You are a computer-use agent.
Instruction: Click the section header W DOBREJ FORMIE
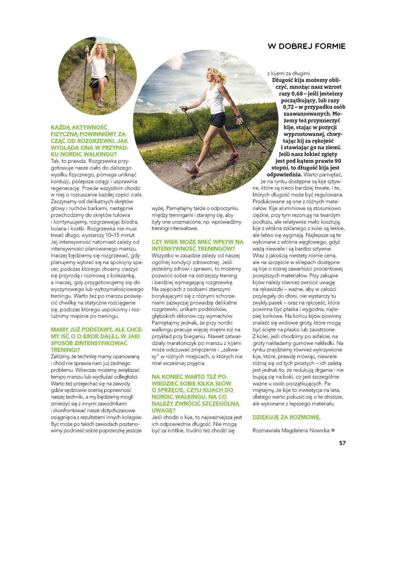point(306,46)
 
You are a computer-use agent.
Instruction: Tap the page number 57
point(342,443)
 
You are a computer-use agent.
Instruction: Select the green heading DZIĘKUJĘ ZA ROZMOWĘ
point(286,417)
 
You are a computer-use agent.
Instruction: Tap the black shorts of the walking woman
point(218,119)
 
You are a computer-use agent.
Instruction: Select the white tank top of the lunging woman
point(99,67)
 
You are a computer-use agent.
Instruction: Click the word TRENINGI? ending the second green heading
point(65,350)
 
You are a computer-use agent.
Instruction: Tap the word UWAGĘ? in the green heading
point(164,410)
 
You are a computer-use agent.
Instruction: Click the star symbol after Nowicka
point(333,430)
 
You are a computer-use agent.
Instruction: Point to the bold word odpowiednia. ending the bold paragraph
point(284,175)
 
